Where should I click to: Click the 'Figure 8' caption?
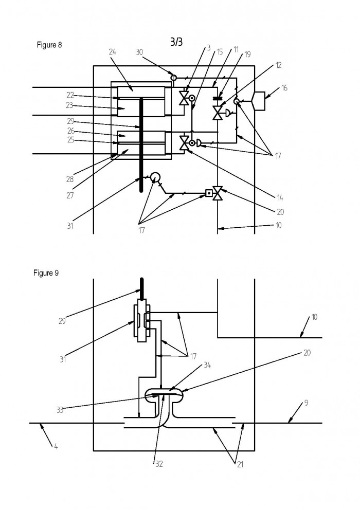[49, 45]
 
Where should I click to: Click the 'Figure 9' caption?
[46, 273]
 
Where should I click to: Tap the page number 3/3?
[176, 42]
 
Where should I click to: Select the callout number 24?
[113, 51]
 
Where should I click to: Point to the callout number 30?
[139, 52]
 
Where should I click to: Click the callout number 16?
[284, 87]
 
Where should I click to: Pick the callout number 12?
[278, 65]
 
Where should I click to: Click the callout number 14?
[280, 198]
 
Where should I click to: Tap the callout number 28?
[70, 179]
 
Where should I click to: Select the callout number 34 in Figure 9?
[207, 365]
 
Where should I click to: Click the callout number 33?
[60, 410]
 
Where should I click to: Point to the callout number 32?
[159, 464]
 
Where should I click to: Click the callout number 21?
[240, 465]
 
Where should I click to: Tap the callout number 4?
[56, 447]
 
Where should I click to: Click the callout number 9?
[306, 403]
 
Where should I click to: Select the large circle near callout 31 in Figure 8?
[155, 177]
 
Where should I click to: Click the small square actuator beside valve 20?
[209, 193]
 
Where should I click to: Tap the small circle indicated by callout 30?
[174, 78]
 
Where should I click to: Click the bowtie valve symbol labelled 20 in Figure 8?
[217, 193]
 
